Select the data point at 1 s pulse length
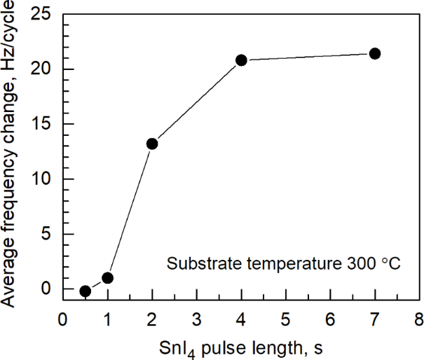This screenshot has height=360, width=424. pyautogui.click(x=107, y=278)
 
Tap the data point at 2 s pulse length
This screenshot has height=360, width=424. pyautogui.click(x=152, y=144)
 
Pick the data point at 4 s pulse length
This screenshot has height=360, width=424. pyautogui.click(x=241, y=60)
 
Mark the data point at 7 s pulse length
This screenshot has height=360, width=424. pyautogui.click(x=375, y=54)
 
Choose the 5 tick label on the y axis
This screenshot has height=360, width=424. pyautogui.click(x=46, y=234)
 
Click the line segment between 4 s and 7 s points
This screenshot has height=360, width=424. pyautogui.click(x=308, y=57)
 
